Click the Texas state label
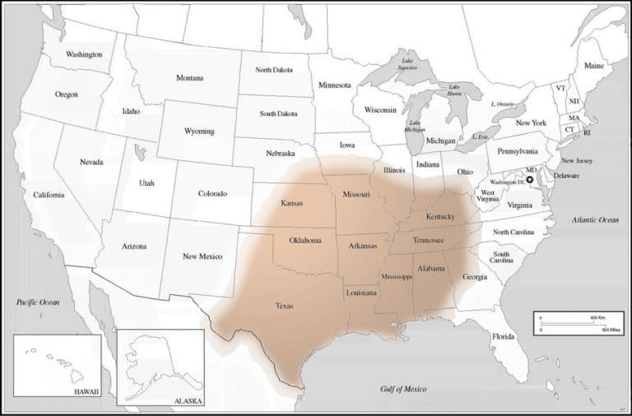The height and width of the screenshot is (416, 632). click(x=284, y=306)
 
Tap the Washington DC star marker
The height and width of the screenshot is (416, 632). click(x=530, y=179)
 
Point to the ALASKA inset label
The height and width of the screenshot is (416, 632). click(x=185, y=401)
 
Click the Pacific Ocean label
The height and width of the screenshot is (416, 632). click(x=39, y=303)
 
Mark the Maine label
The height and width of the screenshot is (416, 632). click(x=593, y=65)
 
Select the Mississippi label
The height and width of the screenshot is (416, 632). click(x=396, y=277)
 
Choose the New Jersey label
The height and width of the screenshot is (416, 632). click(x=578, y=160)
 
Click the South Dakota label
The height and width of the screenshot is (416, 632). click(x=279, y=113)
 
